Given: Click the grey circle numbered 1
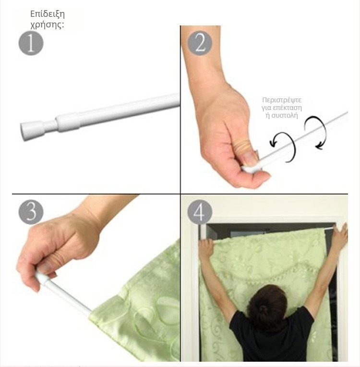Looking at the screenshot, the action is (x=31, y=43).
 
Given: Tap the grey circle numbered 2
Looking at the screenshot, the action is (x=200, y=43).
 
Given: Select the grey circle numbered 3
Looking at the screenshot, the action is (x=31, y=212).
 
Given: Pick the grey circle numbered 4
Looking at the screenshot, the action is (x=200, y=212).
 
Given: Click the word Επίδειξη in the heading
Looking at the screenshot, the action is (x=48, y=14).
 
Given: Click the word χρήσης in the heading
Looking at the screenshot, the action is (x=46, y=24).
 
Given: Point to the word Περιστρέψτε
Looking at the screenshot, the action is (x=282, y=100).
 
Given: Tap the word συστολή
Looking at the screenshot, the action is (x=285, y=115).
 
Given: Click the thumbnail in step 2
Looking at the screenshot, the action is (x=250, y=159).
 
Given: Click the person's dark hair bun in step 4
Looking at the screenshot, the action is (x=264, y=310).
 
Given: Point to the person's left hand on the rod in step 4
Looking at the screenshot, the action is (x=206, y=247).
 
